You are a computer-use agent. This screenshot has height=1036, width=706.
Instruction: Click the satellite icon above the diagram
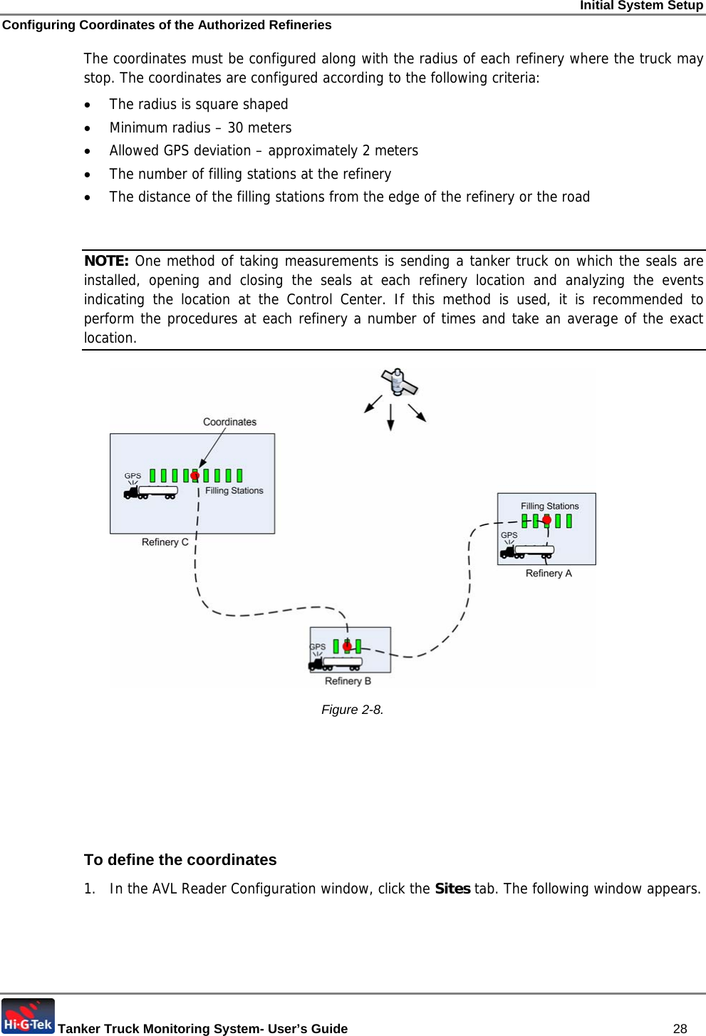(399, 383)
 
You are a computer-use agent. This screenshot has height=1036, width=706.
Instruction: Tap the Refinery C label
(165, 542)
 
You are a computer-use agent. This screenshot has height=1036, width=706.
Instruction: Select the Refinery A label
(549, 574)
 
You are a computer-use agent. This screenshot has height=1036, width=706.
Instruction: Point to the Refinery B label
(348, 681)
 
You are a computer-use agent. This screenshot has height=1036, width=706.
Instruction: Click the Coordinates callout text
(229, 422)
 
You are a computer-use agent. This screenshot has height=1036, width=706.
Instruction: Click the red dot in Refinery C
(194, 475)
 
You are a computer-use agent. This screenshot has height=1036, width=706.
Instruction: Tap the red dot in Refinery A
(546, 520)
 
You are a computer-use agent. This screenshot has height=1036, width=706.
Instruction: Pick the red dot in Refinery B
(347, 647)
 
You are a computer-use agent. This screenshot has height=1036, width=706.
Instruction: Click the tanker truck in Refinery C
(150, 492)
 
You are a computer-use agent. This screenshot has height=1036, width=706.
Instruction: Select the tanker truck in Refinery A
(527, 551)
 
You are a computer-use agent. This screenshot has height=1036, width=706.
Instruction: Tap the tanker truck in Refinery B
(336, 663)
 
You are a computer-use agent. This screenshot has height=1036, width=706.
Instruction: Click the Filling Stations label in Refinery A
(549, 506)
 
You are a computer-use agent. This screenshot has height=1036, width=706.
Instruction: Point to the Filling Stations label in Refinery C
(234, 491)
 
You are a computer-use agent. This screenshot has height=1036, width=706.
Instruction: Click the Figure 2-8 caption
(352, 710)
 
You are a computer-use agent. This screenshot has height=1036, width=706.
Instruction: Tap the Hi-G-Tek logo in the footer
(28, 1017)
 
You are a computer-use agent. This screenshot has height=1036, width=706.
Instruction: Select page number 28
(680, 1028)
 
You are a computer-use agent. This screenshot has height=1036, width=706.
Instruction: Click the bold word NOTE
(106, 261)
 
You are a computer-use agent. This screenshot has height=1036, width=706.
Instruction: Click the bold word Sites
(452, 889)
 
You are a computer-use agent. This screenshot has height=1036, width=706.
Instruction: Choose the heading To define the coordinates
(180, 860)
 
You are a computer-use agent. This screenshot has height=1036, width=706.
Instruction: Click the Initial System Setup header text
(641, 6)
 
